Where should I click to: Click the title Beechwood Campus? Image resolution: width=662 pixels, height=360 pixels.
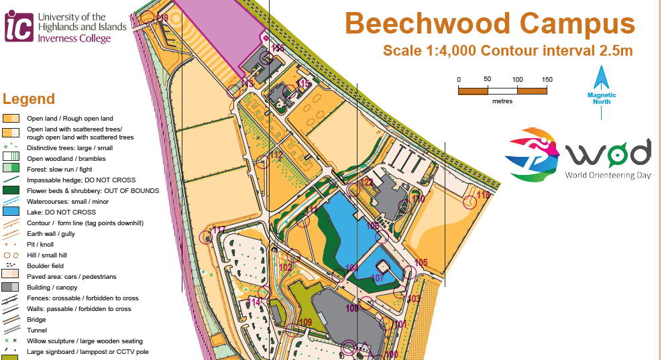click(489, 24)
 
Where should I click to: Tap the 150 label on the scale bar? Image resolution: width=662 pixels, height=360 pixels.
click(547, 80)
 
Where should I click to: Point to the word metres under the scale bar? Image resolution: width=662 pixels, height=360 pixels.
click(502, 101)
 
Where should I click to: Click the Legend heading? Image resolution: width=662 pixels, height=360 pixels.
click(29, 99)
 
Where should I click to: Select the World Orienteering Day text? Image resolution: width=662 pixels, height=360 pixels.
click(608, 175)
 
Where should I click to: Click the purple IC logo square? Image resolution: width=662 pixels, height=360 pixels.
click(19, 26)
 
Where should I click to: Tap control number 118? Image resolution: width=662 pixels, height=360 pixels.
click(484, 195)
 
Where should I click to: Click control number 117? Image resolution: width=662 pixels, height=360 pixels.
click(219, 230)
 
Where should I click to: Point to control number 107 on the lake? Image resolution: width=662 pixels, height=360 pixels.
click(378, 278)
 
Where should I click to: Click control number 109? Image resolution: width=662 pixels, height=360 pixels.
click(305, 322)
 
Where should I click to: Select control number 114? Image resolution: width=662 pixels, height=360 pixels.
click(253, 302)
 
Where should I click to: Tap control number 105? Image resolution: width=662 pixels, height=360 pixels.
click(421, 262)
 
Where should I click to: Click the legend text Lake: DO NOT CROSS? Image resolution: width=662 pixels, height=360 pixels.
click(61, 212)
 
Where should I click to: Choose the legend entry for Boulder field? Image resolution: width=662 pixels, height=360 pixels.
click(46, 265)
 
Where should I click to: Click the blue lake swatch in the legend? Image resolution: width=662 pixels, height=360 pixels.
click(11, 212)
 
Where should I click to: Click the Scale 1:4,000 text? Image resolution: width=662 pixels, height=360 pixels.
click(430, 50)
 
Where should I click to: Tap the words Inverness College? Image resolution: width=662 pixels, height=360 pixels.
click(73, 39)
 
